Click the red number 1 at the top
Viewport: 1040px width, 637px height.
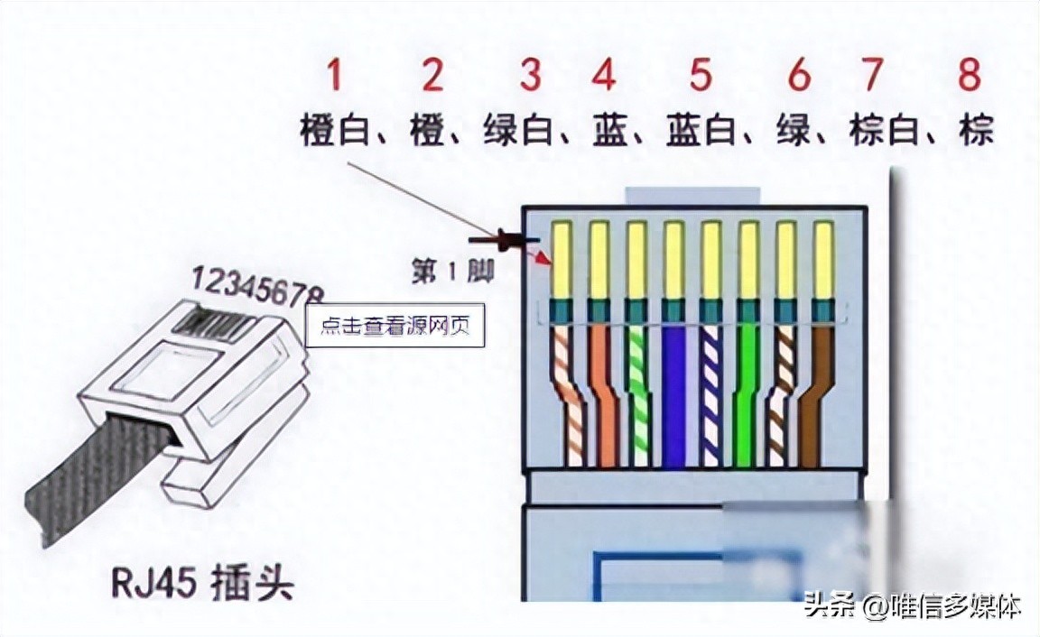pyautogui.click(x=334, y=76)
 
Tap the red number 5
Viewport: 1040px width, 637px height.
pyautogui.click(x=701, y=76)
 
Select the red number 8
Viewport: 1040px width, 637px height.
pyautogui.click(x=969, y=76)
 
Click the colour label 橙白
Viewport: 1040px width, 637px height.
pyautogui.click(x=331, y=132)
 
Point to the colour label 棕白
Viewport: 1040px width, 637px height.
pyautogui.click(x=882, y=132)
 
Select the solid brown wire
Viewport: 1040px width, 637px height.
pyautogui.click(x=812, y=397)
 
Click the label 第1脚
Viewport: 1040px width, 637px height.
pyautogui.click(x=451, y=272)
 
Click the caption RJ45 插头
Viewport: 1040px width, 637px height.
pyautogui.click(x=204, y=582)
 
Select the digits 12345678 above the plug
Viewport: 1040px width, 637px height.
pyautogui.click(x=256, y=289)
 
